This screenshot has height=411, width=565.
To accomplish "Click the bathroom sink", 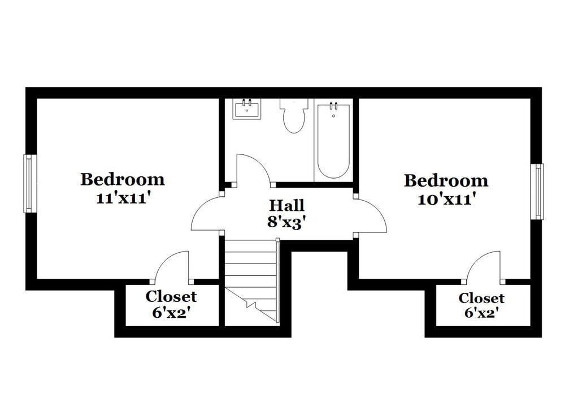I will (x=247, y=109).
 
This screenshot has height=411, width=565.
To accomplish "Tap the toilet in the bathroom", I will (x=294, y=116).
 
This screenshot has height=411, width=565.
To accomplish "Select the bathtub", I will (x=333, y=140).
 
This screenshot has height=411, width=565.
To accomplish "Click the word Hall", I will (x=286, y=205).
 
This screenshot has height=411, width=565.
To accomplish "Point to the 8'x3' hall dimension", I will (x=286, y=222).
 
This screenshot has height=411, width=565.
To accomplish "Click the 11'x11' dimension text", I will (x=123, y=198).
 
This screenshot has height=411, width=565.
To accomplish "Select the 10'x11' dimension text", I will (x=446, y=199).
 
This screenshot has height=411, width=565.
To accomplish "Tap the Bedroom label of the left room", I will (x=123, y=180).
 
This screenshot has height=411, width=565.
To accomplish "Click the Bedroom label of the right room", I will (x=446, y=181).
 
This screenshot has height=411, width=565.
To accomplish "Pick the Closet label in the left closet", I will (x=171, y=296).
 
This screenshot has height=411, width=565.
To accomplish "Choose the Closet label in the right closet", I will (x=481, y=298).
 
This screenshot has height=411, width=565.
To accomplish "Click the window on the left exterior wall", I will (x=29, y=184).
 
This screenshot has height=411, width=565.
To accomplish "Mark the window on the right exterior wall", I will (x=538, y=191).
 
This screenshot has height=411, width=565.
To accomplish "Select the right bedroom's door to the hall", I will (x=371, y=215).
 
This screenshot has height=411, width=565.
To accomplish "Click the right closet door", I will (x=483, y=266).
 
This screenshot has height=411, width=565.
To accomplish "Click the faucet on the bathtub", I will (x=333, y=106).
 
